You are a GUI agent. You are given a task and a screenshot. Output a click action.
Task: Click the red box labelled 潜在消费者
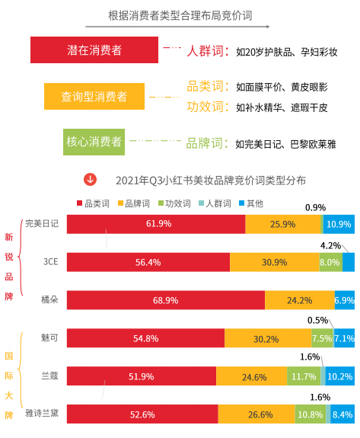(x=94, y=50)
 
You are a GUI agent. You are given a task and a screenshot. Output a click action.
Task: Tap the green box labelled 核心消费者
(x=94, y=141)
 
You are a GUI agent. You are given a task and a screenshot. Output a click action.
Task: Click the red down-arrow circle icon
(x=90, y=180)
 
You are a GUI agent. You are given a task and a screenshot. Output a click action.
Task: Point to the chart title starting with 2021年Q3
(x=211, y=181)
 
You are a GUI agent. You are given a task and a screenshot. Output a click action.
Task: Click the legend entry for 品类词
(x=94, y=203)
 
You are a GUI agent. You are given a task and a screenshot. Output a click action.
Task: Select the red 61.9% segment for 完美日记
(x=156, y=224)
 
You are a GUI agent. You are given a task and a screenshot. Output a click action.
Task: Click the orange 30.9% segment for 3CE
(x=274, y=262)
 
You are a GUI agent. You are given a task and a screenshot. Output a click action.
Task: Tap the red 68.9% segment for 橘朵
(x=165, y=300)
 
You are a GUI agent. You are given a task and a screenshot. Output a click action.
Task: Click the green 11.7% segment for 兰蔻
(x=304, y=376)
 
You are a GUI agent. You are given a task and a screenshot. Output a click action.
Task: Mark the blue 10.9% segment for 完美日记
(x=339, y=224)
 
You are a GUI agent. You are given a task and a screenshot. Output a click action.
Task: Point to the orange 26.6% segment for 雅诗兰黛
(x=257, y=414)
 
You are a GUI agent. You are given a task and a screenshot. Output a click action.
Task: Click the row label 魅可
(x=50, y=337)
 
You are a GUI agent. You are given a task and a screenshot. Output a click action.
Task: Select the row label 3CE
(x=50, y=262)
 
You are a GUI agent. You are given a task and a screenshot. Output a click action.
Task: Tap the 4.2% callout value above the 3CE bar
(x=330, y=245)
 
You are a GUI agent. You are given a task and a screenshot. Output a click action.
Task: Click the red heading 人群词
(x=207, y=51)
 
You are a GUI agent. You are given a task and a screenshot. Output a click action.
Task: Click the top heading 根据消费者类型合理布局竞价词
(x=180, y=15)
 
